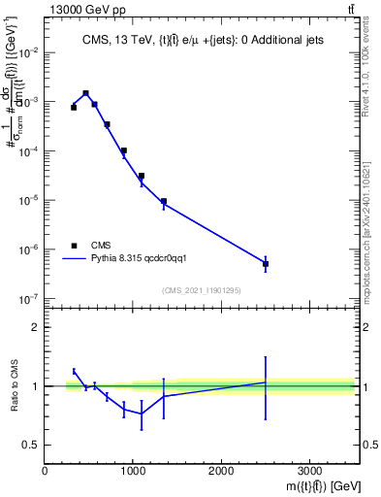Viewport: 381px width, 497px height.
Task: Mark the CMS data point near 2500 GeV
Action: point(266,264)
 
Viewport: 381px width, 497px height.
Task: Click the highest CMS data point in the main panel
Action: point(86,93)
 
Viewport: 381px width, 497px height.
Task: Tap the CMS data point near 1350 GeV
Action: point(164,202)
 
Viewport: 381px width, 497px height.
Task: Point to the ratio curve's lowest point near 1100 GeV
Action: point(142,414)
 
